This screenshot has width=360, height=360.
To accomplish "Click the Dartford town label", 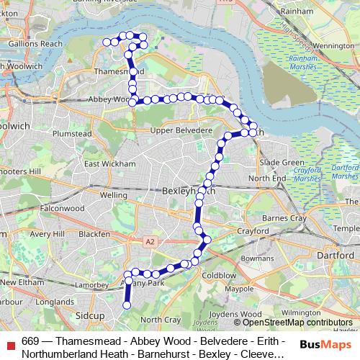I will pos(338,256).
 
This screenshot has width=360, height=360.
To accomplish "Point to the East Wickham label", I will pos(109,163).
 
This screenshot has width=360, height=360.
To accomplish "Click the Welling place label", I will pos(114,194).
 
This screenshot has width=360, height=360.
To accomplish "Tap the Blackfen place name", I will pos(94,234).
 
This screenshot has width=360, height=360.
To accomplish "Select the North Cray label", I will pos(160,319).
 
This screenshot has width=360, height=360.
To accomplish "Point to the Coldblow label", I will pos(219,275).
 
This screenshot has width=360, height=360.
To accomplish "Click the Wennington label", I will pos(333,45).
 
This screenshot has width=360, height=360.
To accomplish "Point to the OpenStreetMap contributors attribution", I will pos(297,323).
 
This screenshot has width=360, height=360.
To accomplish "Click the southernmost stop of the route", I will pos(127,305).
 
